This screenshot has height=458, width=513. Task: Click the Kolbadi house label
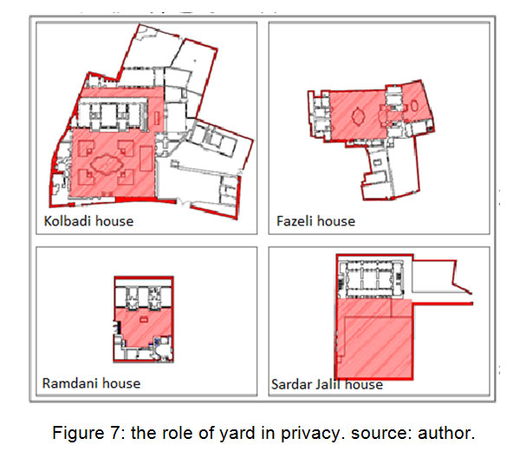click(88, 221)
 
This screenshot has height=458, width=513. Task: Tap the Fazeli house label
click(315, 221)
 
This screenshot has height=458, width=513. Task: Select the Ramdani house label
click(91, 383)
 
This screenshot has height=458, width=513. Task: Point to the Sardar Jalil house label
click(327, 384)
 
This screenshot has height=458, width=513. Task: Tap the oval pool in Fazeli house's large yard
click(358, 116)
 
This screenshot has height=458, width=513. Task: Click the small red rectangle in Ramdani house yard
click(144, 319)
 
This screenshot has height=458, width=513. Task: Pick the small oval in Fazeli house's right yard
click(414, 106)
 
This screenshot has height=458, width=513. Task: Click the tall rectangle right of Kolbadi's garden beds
click(146, 159)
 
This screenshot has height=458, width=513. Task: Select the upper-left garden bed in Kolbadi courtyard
click(86, 147)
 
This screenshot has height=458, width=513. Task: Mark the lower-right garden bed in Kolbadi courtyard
click(126, 177)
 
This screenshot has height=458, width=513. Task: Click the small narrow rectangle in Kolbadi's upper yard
click(157, 118)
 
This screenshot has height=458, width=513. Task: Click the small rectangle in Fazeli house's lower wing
click(377, 162)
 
